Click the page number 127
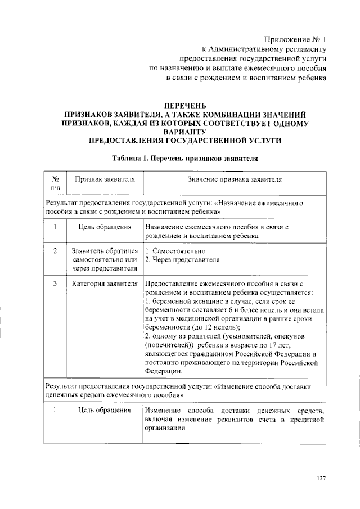[321, 478]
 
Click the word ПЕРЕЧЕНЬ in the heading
[184, 105]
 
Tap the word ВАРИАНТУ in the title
[184, 131]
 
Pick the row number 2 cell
[55, 250]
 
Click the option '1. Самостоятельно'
[174, 250]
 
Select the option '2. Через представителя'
[182, 260]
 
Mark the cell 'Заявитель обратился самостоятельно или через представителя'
[104, 259]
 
